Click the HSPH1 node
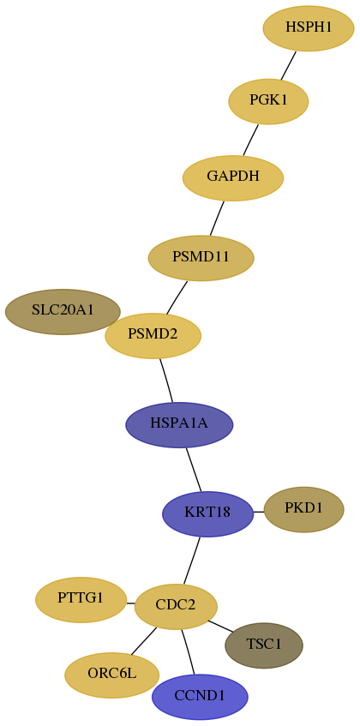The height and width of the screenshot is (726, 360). (309, 28)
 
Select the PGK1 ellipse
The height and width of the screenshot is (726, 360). (268, 101)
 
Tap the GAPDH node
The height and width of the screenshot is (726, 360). (233, 177)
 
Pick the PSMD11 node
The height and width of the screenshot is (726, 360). (201, 258)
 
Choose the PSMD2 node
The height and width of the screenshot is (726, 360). (153, 335)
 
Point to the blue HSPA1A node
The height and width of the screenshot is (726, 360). (179, 424)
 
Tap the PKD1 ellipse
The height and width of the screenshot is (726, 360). (303, 509)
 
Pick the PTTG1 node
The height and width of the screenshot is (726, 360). (81, 600)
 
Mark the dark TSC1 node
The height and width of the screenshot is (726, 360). (264, 645)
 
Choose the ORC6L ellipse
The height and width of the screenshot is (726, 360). (112, 675)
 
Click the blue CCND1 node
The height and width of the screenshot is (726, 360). (200, 697)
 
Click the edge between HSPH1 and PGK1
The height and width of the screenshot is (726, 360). (288, 66)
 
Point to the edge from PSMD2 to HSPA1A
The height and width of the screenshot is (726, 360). (166, 381)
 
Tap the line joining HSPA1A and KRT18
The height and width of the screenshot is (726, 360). (194, 470)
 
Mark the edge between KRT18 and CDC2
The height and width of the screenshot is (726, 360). (192, 561)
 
